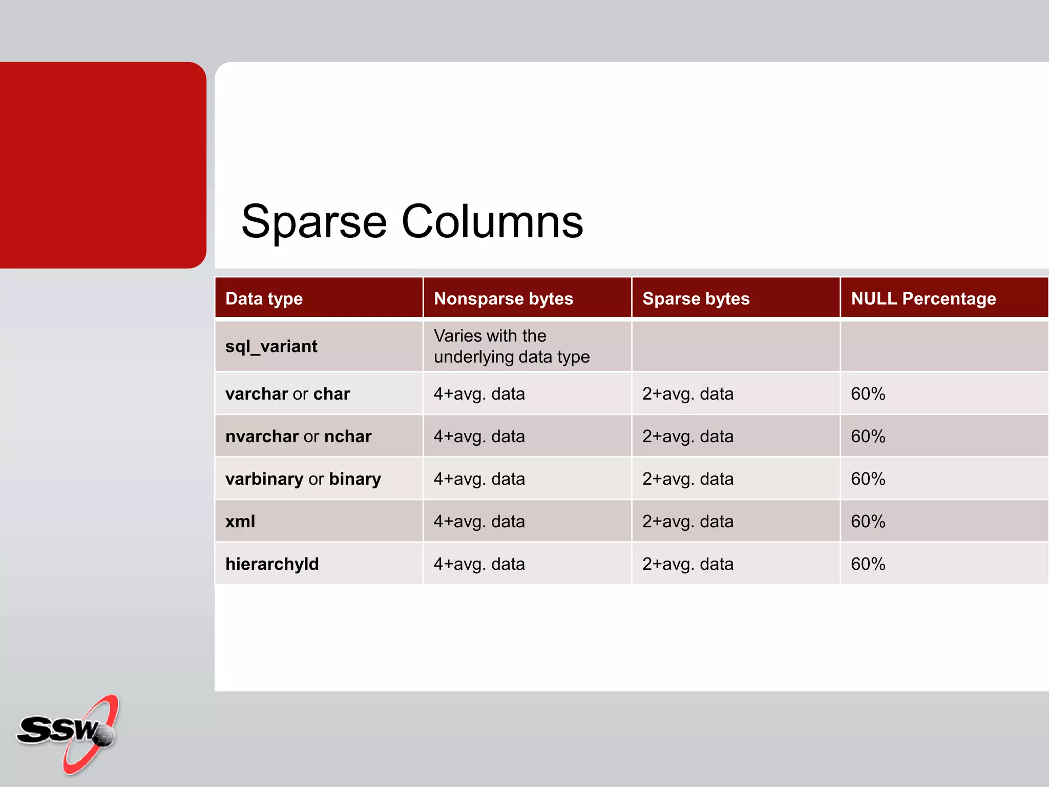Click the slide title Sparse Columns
412,221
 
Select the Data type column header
264,299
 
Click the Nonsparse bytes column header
503,299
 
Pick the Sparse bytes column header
696,299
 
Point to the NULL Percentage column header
923,299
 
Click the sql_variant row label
271,346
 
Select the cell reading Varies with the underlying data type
511,346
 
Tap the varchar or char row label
287,393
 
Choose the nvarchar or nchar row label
298,436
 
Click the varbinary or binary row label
303,479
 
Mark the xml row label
240,521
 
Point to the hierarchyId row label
272,564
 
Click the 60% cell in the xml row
868,521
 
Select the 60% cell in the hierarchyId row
868,564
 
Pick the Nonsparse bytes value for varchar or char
479,393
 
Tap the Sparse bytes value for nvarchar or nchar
687,436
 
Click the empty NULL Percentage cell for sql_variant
943,346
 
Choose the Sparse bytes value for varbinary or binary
687,479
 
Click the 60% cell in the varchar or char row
868,393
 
